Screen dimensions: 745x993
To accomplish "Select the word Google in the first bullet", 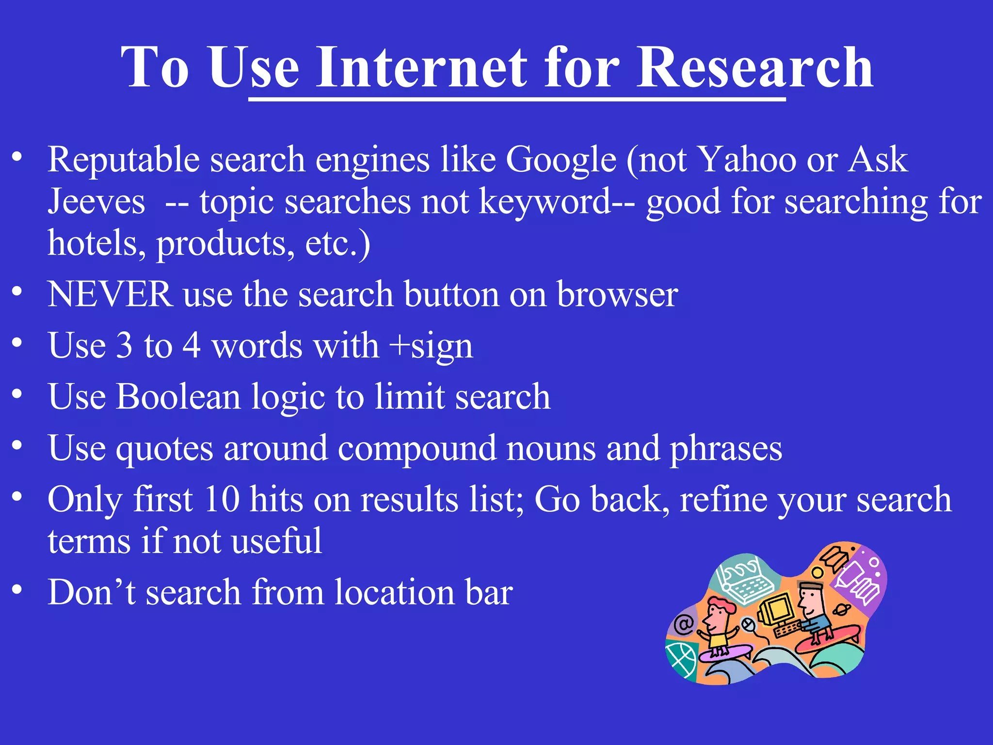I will tap(561, 160).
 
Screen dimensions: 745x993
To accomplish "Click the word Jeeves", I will tap(96, 202).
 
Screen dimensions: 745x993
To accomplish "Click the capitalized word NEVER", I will tap(110, 294).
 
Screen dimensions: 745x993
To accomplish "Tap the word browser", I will tap(617, 294).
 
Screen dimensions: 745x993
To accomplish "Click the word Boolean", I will tap(178, 397).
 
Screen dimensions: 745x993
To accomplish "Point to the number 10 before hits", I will tap(222, 499).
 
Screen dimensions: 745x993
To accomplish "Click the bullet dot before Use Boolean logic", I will tap(17, 393).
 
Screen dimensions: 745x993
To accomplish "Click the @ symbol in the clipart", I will tap(684, 624).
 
